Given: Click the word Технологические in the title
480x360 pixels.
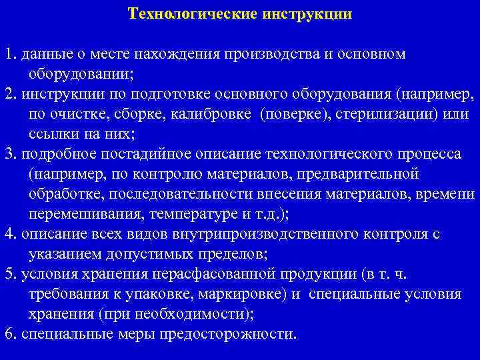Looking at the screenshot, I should (x=189, y=13).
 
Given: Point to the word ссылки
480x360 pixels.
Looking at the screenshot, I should (x=53, y=133).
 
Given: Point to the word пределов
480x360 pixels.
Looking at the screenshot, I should (x=230, y=254).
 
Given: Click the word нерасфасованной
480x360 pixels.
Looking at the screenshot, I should (x=231, y=274).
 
